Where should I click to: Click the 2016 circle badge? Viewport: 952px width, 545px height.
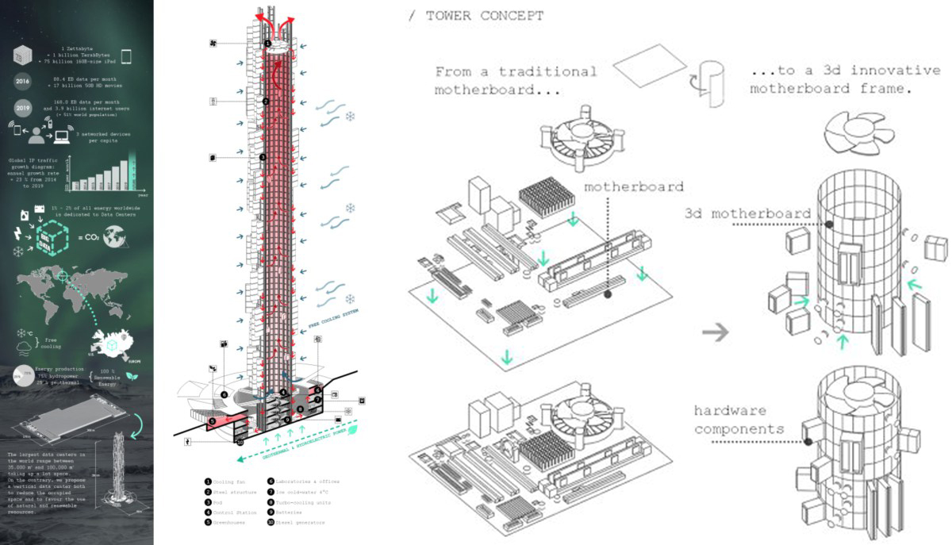point(22,81)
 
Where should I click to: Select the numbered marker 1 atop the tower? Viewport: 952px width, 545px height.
point(267,44)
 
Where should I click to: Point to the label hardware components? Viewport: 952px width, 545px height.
point(739,420)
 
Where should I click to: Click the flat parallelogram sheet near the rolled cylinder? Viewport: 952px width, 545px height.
point(651,75)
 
